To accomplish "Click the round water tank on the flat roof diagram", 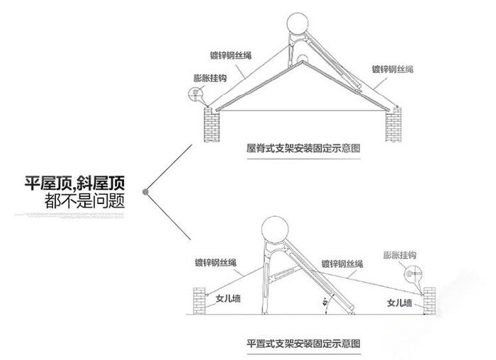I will (x=276, y=231).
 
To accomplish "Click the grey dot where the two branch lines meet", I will (x=145, y=191).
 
